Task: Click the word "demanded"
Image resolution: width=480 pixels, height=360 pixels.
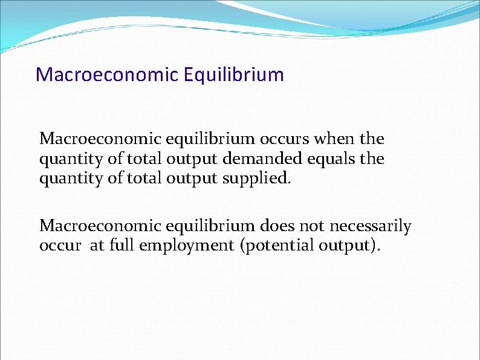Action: click(269, 160)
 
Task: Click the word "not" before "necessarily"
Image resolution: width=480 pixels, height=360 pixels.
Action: click(307, 226)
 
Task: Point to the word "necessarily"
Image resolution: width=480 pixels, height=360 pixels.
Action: click(368, 227)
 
